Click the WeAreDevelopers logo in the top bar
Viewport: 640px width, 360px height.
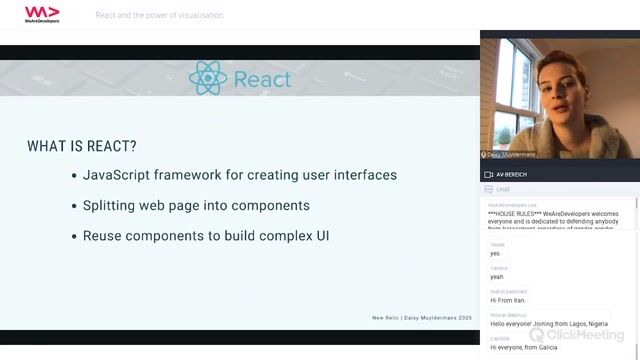(x=41, y=14)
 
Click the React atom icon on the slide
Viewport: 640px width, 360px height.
(x=208, y=78)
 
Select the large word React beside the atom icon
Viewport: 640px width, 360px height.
(x=262, y=79)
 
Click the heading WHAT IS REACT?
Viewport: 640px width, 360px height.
(x=82, y=146)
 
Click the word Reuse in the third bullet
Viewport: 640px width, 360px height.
(x=102, y=237)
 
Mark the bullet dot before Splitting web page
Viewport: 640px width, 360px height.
(x=73, y=206)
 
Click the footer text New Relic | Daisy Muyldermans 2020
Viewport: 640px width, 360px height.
(x=421, y=318)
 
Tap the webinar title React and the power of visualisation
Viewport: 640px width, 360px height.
(x=159, y=15)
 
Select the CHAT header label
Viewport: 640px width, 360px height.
(x=503, y=188)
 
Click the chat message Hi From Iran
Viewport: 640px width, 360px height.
(x=507, y=300)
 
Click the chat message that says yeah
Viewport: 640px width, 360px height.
(x=497, y=277)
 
